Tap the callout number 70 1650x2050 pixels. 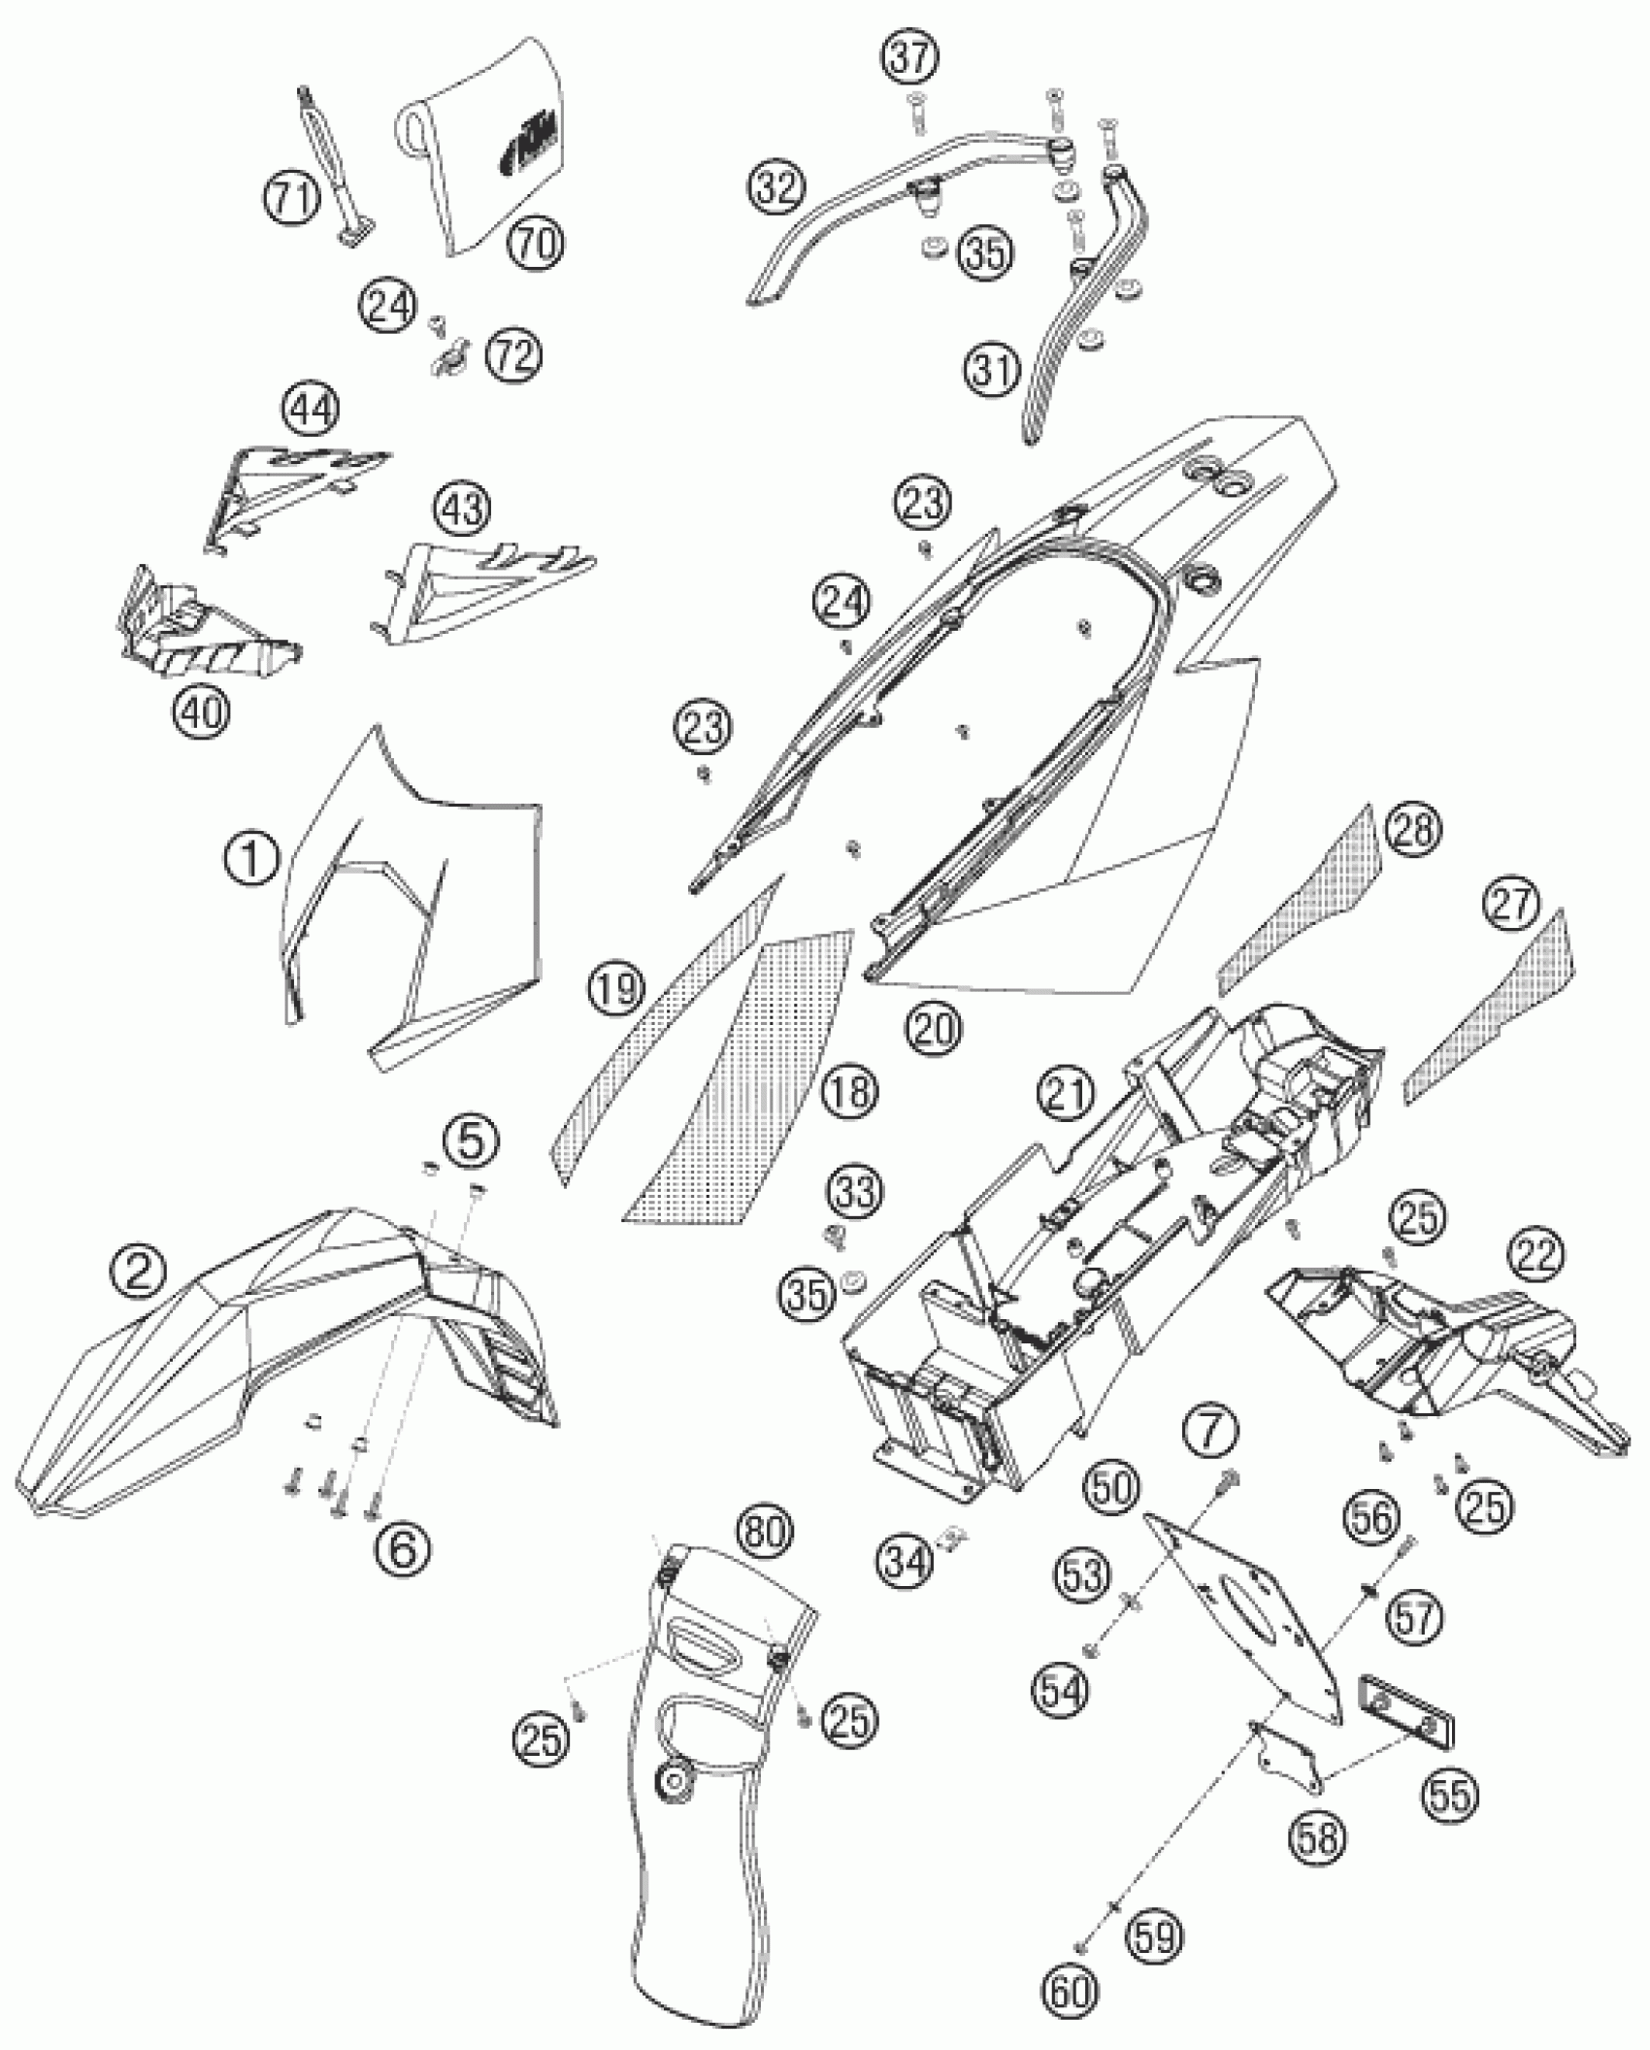[536, 243]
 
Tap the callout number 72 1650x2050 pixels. [514, 356]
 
